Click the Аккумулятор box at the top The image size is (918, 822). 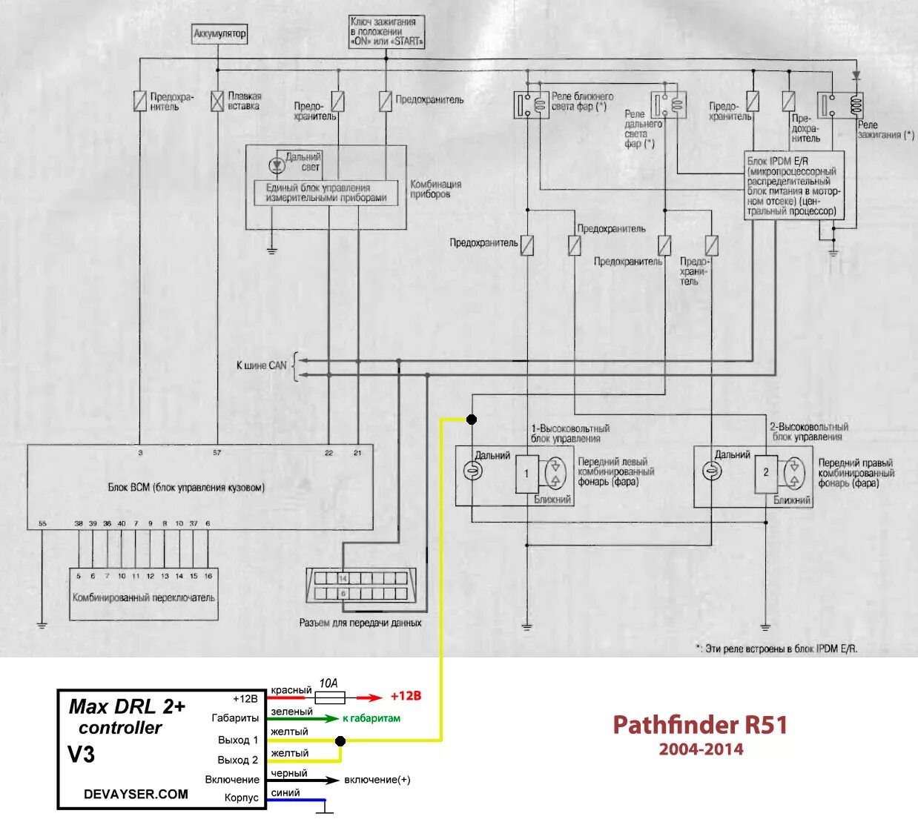[x=219, y=34]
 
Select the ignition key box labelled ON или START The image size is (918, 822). [x=386, y=32]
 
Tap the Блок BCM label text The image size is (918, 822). [x=186, y=488]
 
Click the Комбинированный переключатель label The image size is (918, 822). [x=144, y=597]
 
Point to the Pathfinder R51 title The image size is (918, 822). [x=700, y=724]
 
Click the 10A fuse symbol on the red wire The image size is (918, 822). [x=329, y=697]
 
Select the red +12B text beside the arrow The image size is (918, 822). [x=406, y=696]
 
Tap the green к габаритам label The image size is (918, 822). [x=372, y=718]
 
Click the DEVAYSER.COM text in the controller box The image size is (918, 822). [x=136, y=794]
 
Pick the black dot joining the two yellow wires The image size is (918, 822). [x=340, y=740]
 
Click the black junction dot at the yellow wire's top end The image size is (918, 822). [x=472, y=420]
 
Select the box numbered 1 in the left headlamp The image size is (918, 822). [x=527, y=473]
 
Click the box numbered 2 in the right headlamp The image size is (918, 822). [x=767, y=472]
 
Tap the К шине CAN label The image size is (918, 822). [x=261, y=365]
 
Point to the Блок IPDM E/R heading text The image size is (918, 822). [x=778, y=161]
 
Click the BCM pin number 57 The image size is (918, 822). [x=217, y=452]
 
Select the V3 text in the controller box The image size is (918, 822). [x=82, y=755]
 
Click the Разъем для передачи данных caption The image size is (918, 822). [x=360, y=623]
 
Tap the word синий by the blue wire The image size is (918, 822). [x=285, y=792]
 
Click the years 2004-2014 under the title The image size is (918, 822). [x=701, y=749]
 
